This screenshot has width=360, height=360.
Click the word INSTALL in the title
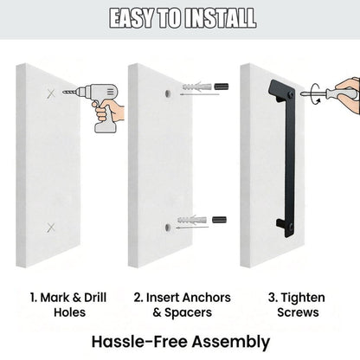[220, 18]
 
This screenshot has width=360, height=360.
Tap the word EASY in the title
[132, 18]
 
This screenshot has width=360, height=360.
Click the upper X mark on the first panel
[51, 93]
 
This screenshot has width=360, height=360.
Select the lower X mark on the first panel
[51, 228]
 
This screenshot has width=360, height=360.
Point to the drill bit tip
[63, 92]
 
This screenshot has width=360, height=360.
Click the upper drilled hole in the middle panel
[168, 93]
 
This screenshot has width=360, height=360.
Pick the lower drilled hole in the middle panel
[168, 227]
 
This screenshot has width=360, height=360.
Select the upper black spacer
[222, 87]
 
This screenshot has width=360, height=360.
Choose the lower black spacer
[219, 220]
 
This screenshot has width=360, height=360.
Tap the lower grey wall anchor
[192, 220]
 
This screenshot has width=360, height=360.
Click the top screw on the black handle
[291, 95]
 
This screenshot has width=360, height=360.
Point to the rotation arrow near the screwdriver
[315, 93]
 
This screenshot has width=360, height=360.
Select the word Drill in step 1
[95, 298]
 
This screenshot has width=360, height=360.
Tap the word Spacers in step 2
[188, 312]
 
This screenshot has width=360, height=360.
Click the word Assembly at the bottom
[231, 343]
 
